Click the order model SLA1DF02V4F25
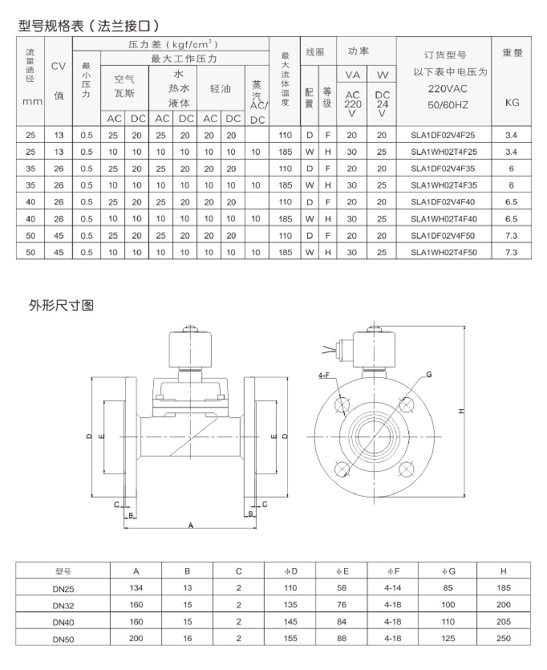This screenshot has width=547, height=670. pos(443,136)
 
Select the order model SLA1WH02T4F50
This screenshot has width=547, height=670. pos(444,253)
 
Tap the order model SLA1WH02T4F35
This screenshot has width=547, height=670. pos(444,185)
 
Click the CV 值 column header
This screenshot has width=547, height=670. pos(59,80)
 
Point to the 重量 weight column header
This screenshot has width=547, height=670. pos(512,53)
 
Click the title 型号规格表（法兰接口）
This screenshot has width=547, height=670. pos(89,26)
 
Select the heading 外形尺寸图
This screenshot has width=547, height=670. pos(61,305)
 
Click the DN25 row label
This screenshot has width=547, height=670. pos(63,589)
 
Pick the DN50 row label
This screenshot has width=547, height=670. pos(63,640)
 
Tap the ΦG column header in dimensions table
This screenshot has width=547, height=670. pos(448,571)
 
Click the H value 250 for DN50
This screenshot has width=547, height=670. pos(504,639)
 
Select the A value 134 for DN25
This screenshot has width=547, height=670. pos(136,588)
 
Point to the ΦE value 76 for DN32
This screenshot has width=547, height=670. pos(342,605)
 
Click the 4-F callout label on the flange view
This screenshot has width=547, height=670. pos(324,376)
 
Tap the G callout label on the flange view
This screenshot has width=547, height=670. pos(429,374)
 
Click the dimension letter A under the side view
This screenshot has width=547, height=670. pos(191,525)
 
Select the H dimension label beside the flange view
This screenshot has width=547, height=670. pos(461,411)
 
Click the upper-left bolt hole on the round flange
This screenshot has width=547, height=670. pos(342,404)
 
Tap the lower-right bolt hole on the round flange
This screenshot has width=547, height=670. pos(407,469)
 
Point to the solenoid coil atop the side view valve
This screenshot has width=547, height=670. pos(191,349)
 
